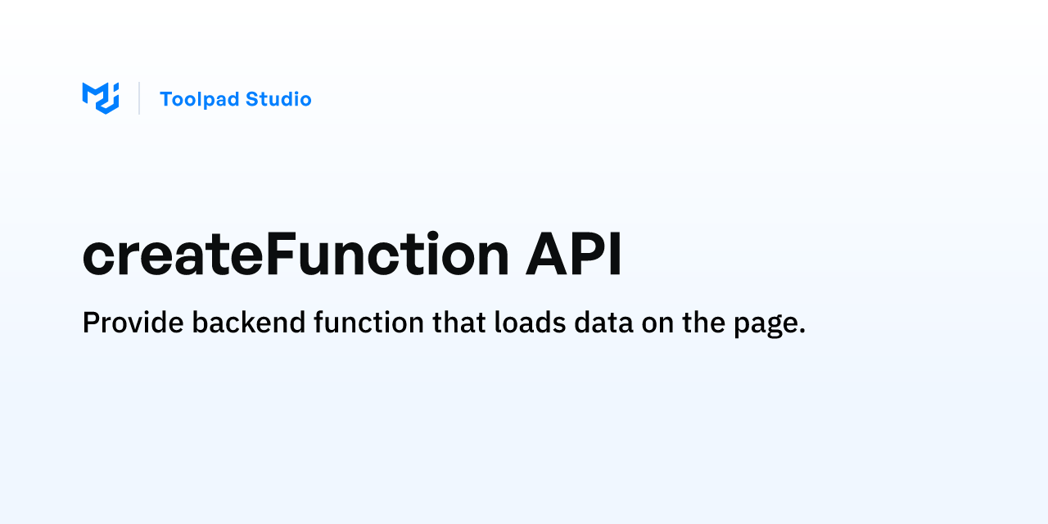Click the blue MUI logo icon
101,98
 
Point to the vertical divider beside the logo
139,98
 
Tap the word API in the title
574,255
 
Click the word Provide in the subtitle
133,323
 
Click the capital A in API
545,255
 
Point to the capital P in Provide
90,323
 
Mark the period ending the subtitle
802,332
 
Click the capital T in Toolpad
166,99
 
